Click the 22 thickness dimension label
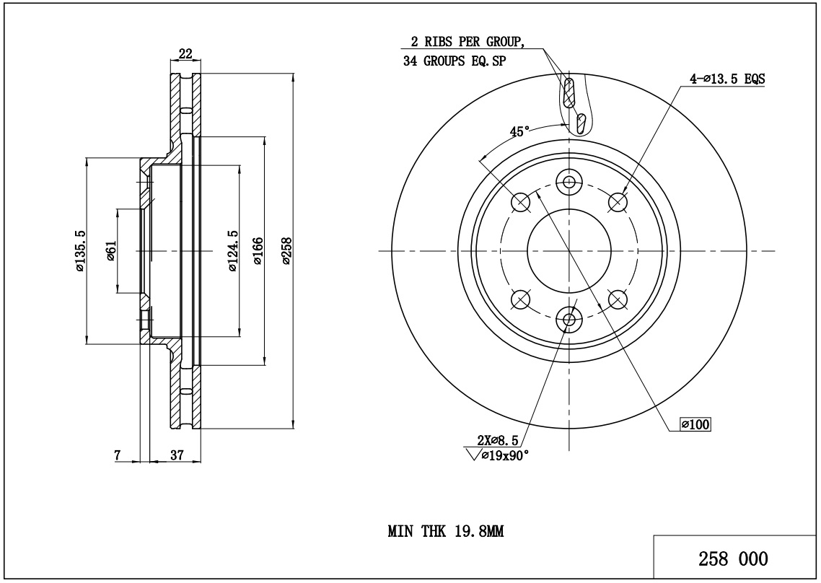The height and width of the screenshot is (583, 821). point(185,53)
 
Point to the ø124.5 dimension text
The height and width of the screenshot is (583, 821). point(232,251)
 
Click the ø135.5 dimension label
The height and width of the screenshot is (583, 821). point(80,250)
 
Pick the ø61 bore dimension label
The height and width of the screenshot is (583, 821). point(111,250)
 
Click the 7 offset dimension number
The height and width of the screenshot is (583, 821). point(117,455)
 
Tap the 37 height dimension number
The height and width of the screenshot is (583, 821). point(176,455)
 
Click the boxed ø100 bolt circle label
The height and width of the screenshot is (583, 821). point(696,424)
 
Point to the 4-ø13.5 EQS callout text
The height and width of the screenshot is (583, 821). point(726,80)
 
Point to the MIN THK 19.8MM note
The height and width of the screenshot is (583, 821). point(445,532)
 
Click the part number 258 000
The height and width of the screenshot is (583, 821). point(733,559)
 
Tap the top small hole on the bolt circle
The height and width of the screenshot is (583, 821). point(570,181)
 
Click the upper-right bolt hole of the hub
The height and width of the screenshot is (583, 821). point(618,203)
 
